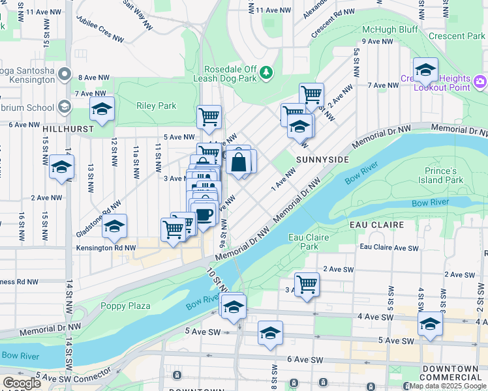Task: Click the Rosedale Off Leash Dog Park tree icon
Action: click(x=266, y=72)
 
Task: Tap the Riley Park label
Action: click(x=157, y=106)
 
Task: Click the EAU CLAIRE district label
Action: click(x=377, y=224)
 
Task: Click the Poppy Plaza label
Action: click(x=125, y=306)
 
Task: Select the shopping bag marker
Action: click(x=239, y=162)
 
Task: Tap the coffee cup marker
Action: click(x=204, y=214)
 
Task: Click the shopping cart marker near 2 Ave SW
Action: click(x=307, y=284)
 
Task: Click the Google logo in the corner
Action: click(x=22, y=383)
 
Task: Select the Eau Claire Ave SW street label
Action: click(x=389, y=248)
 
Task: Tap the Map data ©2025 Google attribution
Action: click(x=448, y=386)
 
